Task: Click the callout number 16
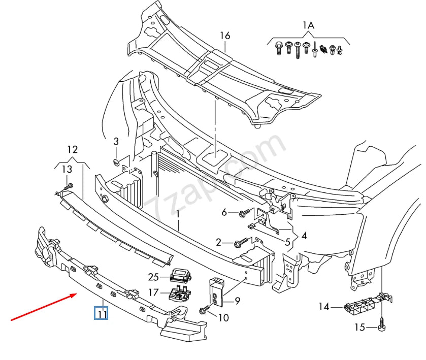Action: click(x=225, y=35)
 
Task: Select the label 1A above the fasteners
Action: click(x=308, y=25)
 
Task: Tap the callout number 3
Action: click(x=116, y=141)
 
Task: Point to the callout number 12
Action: click(x=72, y=149)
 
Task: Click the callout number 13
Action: click(x=67, y=169)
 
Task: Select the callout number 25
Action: click(x=154, y=277)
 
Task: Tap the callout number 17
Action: click(x=154, y=292)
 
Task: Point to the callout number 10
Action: click(x=223, y=318)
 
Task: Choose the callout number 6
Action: click(x=224, y=213)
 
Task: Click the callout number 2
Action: click(x=218, y=242)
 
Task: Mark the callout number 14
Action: click(x=324, y=306)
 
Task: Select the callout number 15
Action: click(x=359, y=328)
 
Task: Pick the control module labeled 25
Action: click(x=180, y=275)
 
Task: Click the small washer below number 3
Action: click(x=116, y=161)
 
